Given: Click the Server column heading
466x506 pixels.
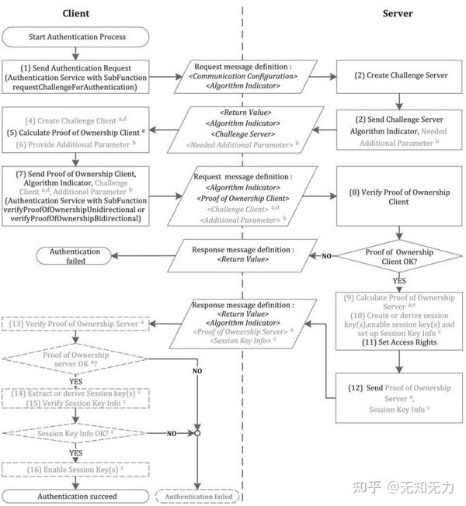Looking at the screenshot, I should pyautogui.click(x=398, y=13).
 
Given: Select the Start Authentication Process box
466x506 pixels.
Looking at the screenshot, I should pyautogui.click(x=75, y=36).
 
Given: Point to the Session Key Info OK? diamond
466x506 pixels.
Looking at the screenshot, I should pyautogui.click(x=76, y=433).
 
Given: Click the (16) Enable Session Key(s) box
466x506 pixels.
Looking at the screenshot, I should pyautogui.click(x=76, y=470).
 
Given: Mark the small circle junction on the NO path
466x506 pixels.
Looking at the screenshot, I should pyautogui.click(x=200, y=433).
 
